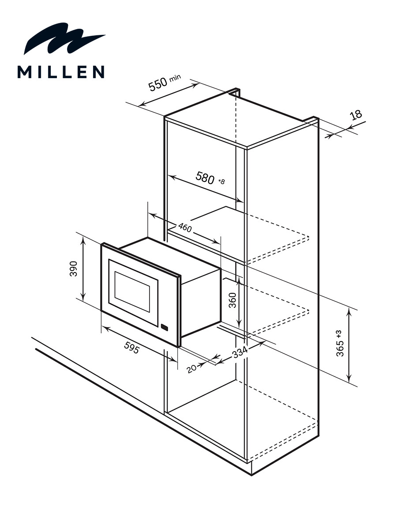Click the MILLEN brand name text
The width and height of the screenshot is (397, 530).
point(61,72)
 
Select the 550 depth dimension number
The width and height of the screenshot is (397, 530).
point(158,84)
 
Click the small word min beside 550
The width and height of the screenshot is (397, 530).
point(175,78)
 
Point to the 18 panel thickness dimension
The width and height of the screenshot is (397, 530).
point(356,115)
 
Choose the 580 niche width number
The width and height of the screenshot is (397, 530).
point(205,178)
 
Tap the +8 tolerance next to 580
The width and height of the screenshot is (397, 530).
point(221,181)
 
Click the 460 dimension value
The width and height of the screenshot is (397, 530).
point(185,227)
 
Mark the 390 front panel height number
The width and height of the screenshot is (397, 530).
point(73,269)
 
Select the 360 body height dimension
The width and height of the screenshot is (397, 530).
point(232,300)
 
